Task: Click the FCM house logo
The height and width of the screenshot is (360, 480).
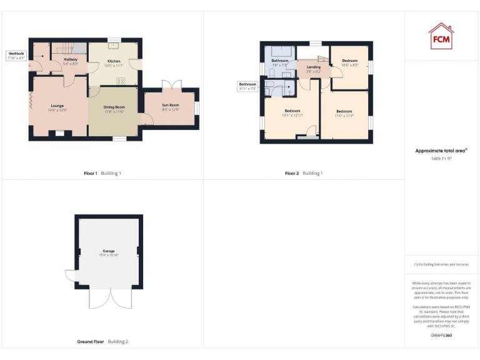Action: point(441,36)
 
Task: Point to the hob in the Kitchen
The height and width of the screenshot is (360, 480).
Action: point(124,80)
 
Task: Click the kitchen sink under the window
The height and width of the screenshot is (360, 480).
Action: point(113,46)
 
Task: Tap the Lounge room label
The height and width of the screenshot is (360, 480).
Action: point(57,107)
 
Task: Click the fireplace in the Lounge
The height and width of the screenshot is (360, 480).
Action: point(59,132)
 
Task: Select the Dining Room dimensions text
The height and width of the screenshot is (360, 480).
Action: point(114,112)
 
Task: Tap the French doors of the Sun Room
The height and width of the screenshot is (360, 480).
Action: point(170,86)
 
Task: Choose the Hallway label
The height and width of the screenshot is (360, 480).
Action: point(70,61)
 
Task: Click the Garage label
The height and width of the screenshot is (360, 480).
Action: point(108,252)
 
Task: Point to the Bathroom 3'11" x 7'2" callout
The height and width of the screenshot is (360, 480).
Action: point(247,86)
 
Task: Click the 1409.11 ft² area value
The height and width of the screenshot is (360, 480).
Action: point(441,159)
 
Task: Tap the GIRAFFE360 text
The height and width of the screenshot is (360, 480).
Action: point(441,336)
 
